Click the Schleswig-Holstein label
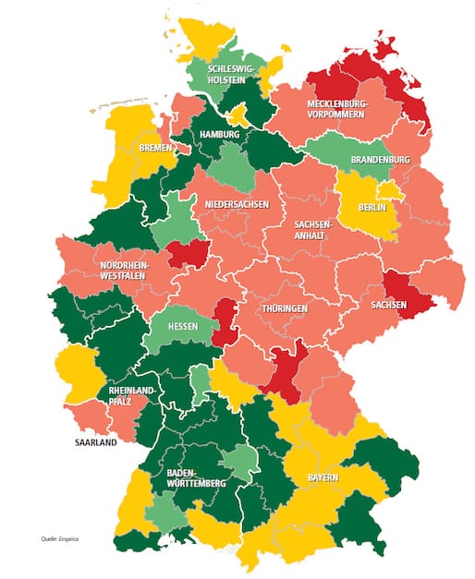tap(232, 74)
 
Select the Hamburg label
tap(219, 135)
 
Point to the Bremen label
tap(155, 148)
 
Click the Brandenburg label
tap(381, 160)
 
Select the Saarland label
tap(96, 443)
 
